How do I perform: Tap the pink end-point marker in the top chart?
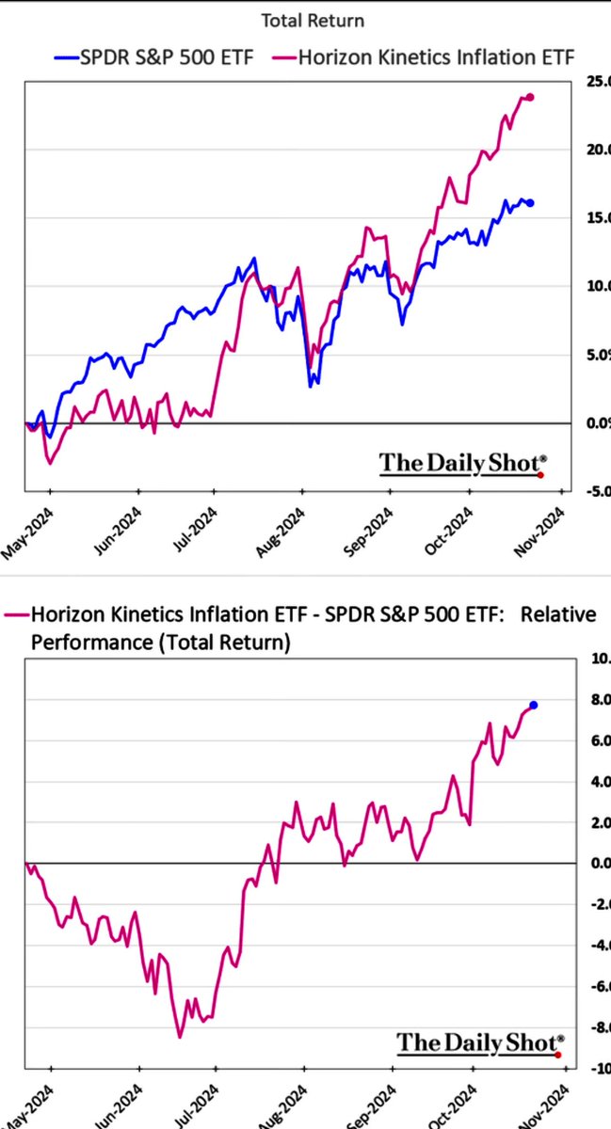pyautogui.click(x=530, y=97)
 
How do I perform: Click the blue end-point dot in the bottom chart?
pyautogui.click(x=534, y=705)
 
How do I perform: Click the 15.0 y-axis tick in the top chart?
pyautogui.click(x=593, y=217)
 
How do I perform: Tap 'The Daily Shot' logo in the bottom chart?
pyautogui.click(x=478, y=1042)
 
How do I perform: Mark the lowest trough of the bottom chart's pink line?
pyautogui.click(x=179, y=1037)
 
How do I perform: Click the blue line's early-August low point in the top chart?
pyautogui.click(x=311, y=386)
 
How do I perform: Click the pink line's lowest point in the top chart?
pyautogui.click(x=50, y=464)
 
